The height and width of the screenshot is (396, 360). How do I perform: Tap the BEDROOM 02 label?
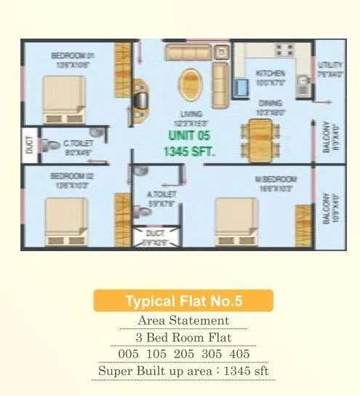[x=71, y=175]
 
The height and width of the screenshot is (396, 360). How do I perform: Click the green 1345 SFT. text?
[x=192, y=152]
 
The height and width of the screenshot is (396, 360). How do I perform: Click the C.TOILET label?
[x=78, y=143]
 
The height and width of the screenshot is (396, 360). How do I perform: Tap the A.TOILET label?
[x=159, y=194]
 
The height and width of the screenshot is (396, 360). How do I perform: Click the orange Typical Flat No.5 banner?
[x=183, y=301]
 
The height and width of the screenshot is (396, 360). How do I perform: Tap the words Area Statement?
[x=183, y=320]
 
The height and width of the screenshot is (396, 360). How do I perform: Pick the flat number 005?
[x=131, y=354]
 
